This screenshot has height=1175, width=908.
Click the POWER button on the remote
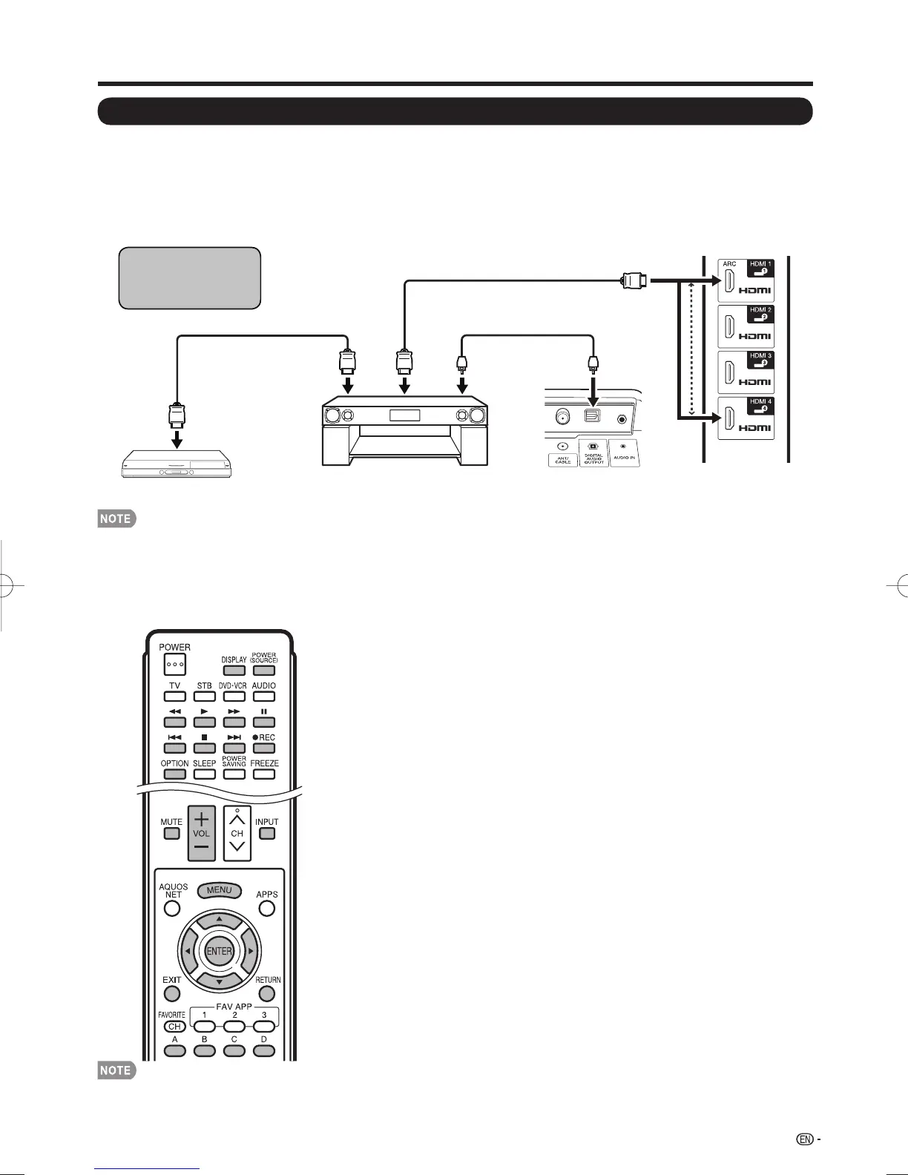click(x=175, y=664)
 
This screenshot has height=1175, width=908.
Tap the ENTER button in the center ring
click(x=219, y=952)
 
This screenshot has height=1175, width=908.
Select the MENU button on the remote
click(x=220, y=890)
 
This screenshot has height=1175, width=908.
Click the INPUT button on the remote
click(x=267, y=833)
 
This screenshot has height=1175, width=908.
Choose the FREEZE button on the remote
click(x=264, y=774)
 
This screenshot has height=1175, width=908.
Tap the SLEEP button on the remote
click(x=204, y=774)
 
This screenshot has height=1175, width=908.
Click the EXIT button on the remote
click(x=172, y=993)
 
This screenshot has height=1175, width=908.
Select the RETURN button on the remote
click(x=267, y=993)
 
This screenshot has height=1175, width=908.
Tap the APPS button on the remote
click(x=267, y=908)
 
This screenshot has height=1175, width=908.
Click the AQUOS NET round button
click(x=172, y=908)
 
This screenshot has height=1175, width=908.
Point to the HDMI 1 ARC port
click(x=730, y=282)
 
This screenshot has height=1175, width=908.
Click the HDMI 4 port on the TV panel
click(x=730, y=419)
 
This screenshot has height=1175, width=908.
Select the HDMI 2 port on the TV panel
click(x=730, y=327)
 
